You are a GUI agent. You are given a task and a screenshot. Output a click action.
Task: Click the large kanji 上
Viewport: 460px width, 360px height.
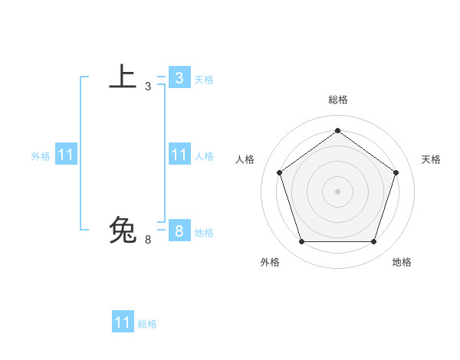[123, 77]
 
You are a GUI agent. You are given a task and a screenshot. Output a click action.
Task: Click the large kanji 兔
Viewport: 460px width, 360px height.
[123, 230]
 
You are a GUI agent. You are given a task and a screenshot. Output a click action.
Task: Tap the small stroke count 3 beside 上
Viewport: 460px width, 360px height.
[148, 87]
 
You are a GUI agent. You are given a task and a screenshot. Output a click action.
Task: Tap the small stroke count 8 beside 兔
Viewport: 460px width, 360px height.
[148, 239]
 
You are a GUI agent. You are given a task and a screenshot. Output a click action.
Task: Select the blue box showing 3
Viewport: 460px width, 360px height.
[179, 77]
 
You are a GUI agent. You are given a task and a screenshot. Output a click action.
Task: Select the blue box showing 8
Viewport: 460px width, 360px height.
[179, 230]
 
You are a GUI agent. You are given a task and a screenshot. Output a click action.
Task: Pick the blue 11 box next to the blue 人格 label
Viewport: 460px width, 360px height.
[179, 155]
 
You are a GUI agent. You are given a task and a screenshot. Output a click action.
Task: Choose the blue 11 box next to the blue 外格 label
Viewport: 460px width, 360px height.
[65, 155]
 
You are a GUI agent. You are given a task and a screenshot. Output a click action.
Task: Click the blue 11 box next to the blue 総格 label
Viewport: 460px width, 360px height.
[123, 322]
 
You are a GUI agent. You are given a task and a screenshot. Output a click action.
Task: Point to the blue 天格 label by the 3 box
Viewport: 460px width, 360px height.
[204, 80]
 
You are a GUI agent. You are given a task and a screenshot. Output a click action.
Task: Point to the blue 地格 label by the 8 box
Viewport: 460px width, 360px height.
[204, 233]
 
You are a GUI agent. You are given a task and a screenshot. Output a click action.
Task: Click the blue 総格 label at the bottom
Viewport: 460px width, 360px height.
[147, 324]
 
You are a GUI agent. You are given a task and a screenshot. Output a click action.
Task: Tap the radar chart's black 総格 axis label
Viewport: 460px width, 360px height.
[337, 100]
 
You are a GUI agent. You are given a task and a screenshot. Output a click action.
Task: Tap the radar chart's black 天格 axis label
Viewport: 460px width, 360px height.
[431, 159]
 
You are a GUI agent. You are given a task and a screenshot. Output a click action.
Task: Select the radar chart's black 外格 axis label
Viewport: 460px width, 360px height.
[270, 262]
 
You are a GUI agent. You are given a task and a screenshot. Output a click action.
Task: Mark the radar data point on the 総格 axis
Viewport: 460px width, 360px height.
[337, 130]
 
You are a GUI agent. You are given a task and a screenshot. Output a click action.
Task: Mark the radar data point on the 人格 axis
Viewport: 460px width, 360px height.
[279, 172]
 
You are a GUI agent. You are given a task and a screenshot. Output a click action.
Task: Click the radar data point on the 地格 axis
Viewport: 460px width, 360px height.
[373, 241]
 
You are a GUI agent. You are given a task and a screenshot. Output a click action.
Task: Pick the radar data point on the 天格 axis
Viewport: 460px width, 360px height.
[396, 172]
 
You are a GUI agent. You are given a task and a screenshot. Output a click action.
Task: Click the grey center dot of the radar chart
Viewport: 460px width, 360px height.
[337, 191]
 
